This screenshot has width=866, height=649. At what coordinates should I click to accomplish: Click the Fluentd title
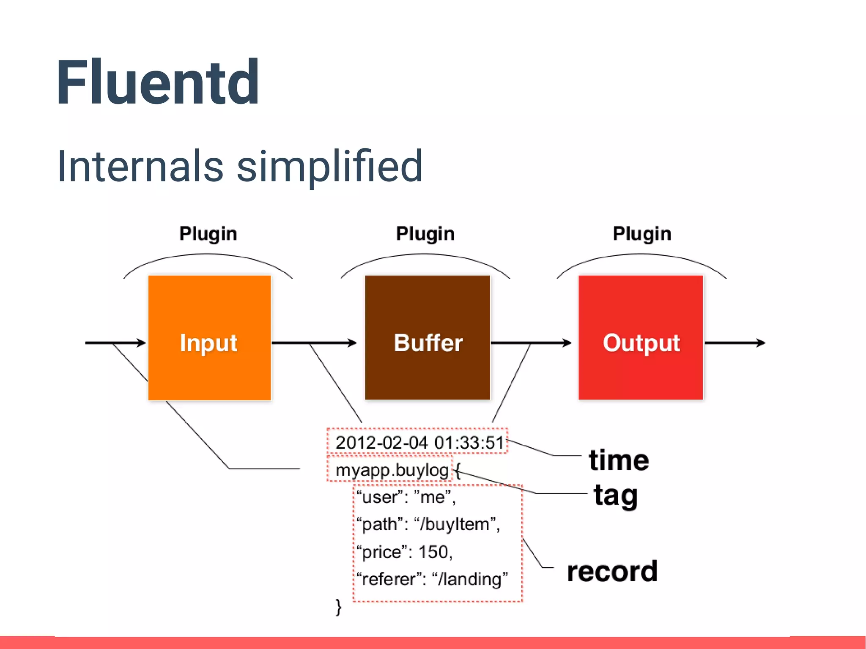157,82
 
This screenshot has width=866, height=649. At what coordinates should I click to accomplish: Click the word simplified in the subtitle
329,167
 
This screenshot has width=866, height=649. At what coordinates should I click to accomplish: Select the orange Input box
209,338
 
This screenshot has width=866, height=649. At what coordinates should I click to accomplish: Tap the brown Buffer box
428,338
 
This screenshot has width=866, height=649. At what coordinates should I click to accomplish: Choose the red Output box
641,338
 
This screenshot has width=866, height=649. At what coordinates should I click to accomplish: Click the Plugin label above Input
208,234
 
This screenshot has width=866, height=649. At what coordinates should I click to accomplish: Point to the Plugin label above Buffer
425,234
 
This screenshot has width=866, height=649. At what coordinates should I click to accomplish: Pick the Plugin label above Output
642,234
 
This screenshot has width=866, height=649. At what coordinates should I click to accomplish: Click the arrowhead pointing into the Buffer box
352,343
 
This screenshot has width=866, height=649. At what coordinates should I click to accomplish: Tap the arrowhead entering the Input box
142,343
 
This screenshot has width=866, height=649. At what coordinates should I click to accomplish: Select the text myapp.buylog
392,470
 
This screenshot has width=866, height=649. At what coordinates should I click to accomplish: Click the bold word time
619,460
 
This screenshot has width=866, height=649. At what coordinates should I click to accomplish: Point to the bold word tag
615,496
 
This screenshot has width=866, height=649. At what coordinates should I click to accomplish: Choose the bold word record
612,571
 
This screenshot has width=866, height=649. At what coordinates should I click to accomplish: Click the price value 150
434,552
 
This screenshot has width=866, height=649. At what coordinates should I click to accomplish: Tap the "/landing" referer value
470,579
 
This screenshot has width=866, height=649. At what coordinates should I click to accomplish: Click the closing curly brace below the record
338,607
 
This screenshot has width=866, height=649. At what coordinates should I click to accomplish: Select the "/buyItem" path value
456,524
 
